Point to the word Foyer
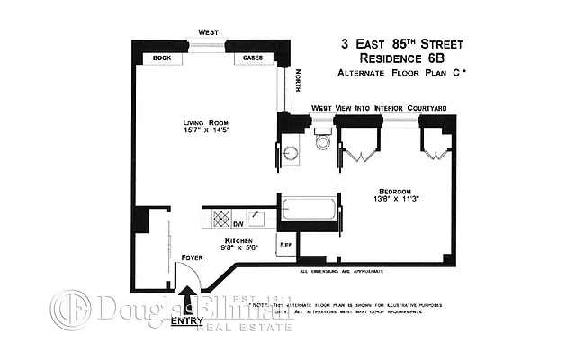192,258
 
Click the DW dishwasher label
238,224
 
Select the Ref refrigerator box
286,245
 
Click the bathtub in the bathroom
309,211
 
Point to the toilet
321,142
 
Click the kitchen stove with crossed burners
219,216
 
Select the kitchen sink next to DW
257,216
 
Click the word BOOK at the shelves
162,58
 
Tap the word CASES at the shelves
250,58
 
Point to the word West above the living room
209,31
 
